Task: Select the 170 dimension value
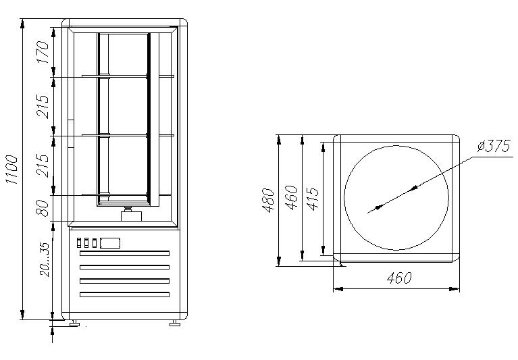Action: click(43, 52)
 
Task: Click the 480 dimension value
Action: click(269, 199)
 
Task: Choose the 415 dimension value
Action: click(313, 199)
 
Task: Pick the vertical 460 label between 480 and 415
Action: click(292, 199)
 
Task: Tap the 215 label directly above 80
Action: click(43, 165)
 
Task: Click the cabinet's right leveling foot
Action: click(175, 323)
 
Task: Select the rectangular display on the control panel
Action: click(109, 242)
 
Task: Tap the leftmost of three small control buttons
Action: click(79, 242)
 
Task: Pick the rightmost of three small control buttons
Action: click(95, 242)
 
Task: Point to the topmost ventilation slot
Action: click(124, 253)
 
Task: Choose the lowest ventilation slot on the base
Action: click(124, 294)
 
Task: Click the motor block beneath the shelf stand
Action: click(129, 215)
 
